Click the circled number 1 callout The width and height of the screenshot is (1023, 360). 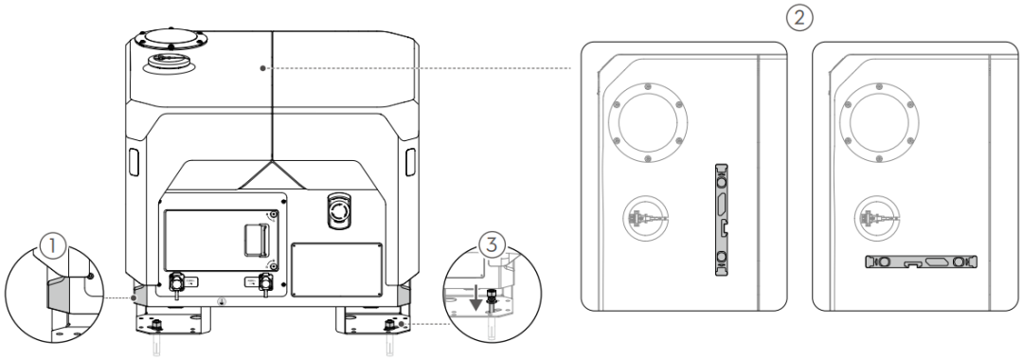pyautogui.click(x=53, y=246)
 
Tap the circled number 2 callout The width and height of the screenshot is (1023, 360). pyautogui.click(x=799, y=18)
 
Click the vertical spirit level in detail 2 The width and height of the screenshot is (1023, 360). pyautogui.click(x=721, y=220)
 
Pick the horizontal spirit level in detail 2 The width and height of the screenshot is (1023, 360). pyautogui.click(x=921, y=261)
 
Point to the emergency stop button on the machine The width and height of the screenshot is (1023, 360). pyautogui.click(x=338, y=210)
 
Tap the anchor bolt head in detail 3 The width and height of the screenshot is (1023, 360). pyautogui.click(x=492, y=301)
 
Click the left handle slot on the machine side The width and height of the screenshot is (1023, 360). pyautogui.click(x=134, y=161)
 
